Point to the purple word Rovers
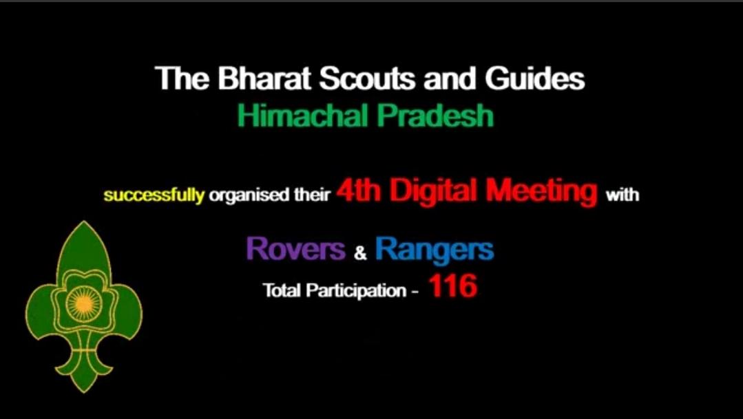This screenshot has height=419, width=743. [x=295, y=249]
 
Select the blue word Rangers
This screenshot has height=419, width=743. [x=435, y=249]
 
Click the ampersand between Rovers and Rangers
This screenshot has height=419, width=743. [x=360, y=253]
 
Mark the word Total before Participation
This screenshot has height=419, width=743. [x=282, y=290]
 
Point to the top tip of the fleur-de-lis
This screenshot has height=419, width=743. [x=83, y=224]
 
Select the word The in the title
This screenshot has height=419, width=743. [x=175, y=79]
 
